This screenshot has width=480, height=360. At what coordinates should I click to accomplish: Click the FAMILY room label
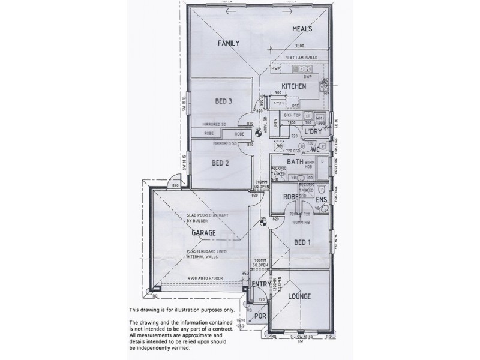(229, 43)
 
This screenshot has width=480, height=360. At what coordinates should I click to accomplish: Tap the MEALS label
(304, 29)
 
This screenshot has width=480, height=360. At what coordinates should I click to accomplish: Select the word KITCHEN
(295, 86)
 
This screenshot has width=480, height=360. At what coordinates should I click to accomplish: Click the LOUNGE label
(298, 296)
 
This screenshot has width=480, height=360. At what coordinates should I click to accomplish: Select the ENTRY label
(261, 284)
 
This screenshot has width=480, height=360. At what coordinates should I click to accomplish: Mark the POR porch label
(260, 315)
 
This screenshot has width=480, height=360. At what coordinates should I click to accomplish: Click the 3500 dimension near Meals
(299, 46)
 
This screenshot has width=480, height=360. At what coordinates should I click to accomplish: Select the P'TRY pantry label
(278, 104)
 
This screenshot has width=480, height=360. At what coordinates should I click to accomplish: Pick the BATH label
(295, 162)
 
